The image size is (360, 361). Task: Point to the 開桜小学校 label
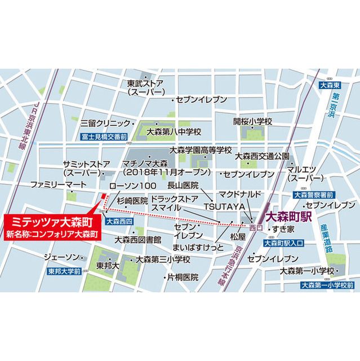point(253,122)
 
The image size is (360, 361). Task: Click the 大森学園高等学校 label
point(201,151)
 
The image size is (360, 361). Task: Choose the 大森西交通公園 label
point(263,156)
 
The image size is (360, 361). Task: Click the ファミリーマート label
point(59,185)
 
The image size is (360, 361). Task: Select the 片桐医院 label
point(182,277)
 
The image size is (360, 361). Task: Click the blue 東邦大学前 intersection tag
point(65,271)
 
